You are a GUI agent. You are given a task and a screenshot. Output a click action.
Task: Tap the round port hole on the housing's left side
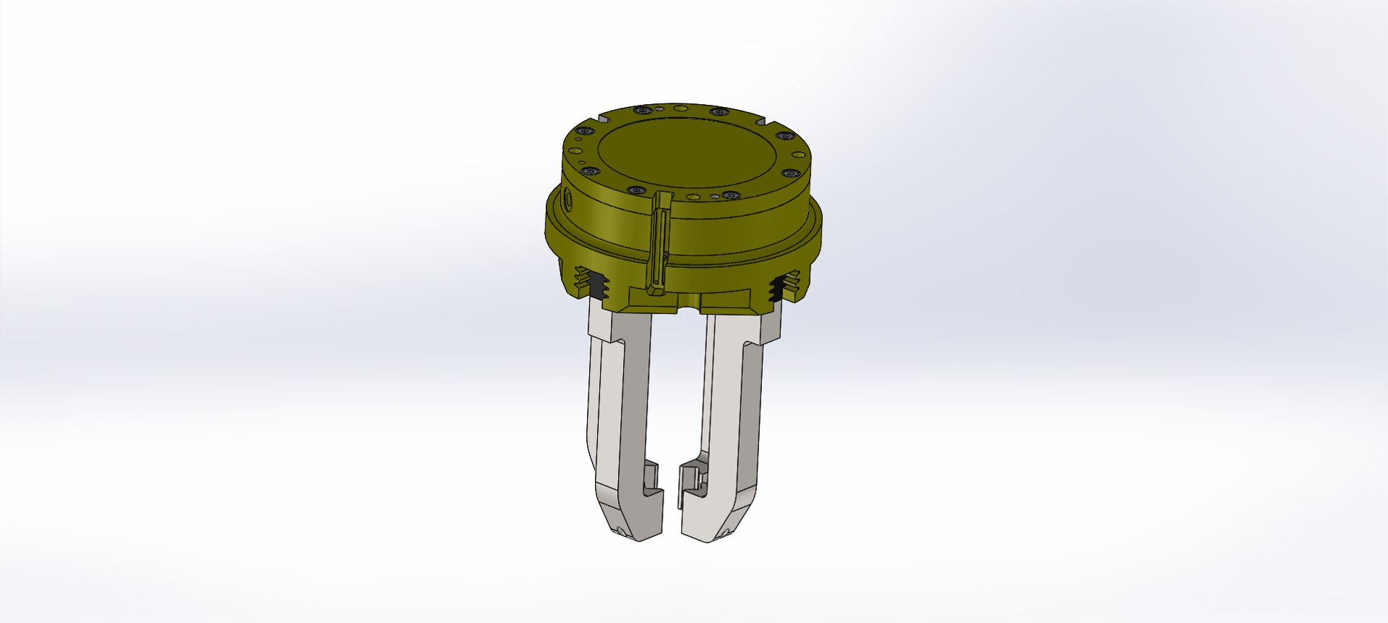568,200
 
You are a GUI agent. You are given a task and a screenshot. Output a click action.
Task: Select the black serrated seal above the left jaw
597,286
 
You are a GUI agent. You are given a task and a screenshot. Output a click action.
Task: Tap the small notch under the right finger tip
726,533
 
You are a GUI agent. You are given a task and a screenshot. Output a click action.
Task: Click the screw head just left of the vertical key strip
636,190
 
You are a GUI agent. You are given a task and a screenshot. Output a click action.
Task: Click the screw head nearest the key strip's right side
732,195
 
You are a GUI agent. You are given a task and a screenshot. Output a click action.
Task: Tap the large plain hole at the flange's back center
680,108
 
